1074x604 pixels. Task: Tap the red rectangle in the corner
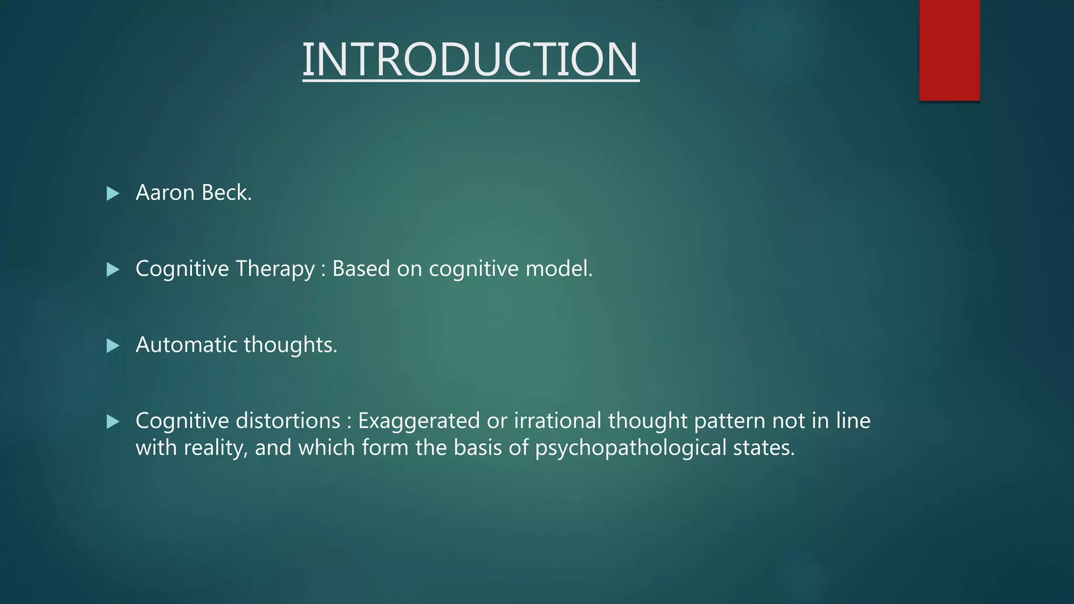pyautogui.click(x=949, y=50)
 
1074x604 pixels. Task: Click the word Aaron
pyautogui.click(x=165, y=193)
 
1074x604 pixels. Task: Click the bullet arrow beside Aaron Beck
pyautogui.click(x=113, y=193)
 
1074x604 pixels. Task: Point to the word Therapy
pyautogui.click(x=275, y=269)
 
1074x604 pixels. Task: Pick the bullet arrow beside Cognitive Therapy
pyautogui.click(x=113, y=269)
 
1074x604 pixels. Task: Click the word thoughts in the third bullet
pyautogui.click(x=290, y=345)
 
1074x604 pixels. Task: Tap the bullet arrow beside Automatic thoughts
pyautogui.click(x=113, y=346)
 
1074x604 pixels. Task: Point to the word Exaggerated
pyautogui.click(x=419, y=421)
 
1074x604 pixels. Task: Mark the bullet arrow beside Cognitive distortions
pyautogui.click(x=113, y=422)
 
